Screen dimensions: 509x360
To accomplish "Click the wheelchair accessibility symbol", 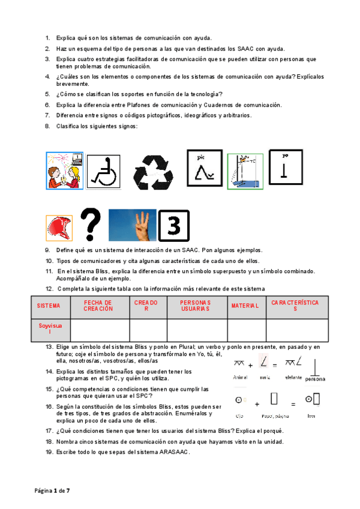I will click(104, 171).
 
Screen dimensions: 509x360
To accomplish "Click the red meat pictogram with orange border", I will click(59, 228).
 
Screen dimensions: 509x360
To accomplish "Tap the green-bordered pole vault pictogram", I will click(245, 171).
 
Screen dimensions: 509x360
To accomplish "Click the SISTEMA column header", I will click(49, 306).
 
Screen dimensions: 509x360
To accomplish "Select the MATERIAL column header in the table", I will click(245, 306).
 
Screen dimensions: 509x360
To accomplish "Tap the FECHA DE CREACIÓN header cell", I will click(98, 306).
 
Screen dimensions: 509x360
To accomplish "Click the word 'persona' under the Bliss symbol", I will click(315, 379).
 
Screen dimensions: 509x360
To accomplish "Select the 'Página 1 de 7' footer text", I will click(52, 491).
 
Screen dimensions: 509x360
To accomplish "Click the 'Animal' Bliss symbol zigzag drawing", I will click(239, 362).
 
